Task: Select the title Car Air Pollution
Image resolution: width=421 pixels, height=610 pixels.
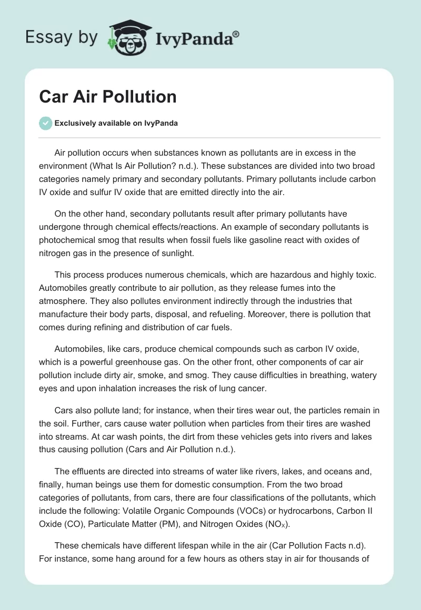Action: pos(108,97)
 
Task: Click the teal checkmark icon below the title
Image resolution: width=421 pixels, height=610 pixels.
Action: pos(45,123)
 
